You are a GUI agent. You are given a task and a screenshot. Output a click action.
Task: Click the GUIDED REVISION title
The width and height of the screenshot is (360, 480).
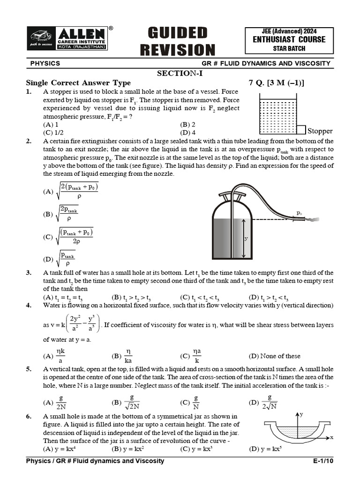181,41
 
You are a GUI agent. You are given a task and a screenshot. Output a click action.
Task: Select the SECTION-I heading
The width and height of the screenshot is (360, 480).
180,73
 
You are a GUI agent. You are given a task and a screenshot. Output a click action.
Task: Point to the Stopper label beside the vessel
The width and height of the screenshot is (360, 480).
320,131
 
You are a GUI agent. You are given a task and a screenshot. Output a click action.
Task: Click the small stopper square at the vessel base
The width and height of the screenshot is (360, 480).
300,130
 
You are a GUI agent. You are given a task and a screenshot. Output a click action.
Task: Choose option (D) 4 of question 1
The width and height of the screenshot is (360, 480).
187,132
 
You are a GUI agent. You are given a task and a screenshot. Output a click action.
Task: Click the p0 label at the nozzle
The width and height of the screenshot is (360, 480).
299,213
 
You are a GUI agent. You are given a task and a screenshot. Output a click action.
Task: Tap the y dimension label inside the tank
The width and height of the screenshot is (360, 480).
246,239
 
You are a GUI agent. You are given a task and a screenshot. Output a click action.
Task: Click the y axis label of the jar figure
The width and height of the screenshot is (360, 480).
302,414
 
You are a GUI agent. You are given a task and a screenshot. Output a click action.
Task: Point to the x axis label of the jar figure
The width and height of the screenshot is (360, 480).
331,437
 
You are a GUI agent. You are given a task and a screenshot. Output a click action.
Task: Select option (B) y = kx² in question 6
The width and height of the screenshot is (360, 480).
128,449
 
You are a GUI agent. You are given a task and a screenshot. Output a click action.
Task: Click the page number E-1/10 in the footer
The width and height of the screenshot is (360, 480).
323,461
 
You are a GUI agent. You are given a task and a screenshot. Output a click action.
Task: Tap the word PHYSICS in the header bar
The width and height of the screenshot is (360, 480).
45,63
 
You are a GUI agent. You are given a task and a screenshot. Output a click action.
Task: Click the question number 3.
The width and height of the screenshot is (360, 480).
29,273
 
